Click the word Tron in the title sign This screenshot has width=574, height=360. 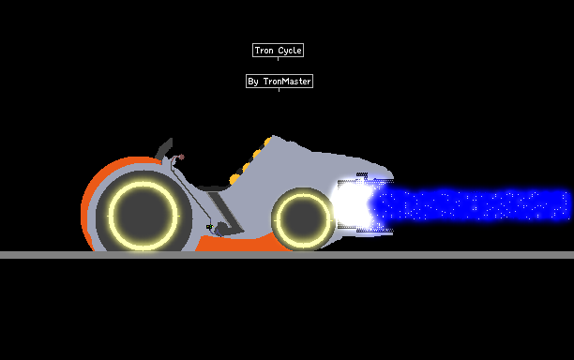pyautogui.click(x=264, y=50)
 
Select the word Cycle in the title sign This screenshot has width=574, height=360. pyautogui.click(x=290, y=51)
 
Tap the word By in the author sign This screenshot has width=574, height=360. pyautogui.click(x=253, y=82)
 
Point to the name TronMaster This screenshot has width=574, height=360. pyautogui.click(x=287, y=82)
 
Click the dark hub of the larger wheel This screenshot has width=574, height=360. pyautogui.click(x=143, y=216)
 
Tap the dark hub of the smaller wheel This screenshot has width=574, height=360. pyautogui.click(x=303, y=218)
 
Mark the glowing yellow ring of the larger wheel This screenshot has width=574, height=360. pyautogui.click(x=143, y=183)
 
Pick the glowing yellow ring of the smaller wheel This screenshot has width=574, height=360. pyautogui.click(x=303, y=195)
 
